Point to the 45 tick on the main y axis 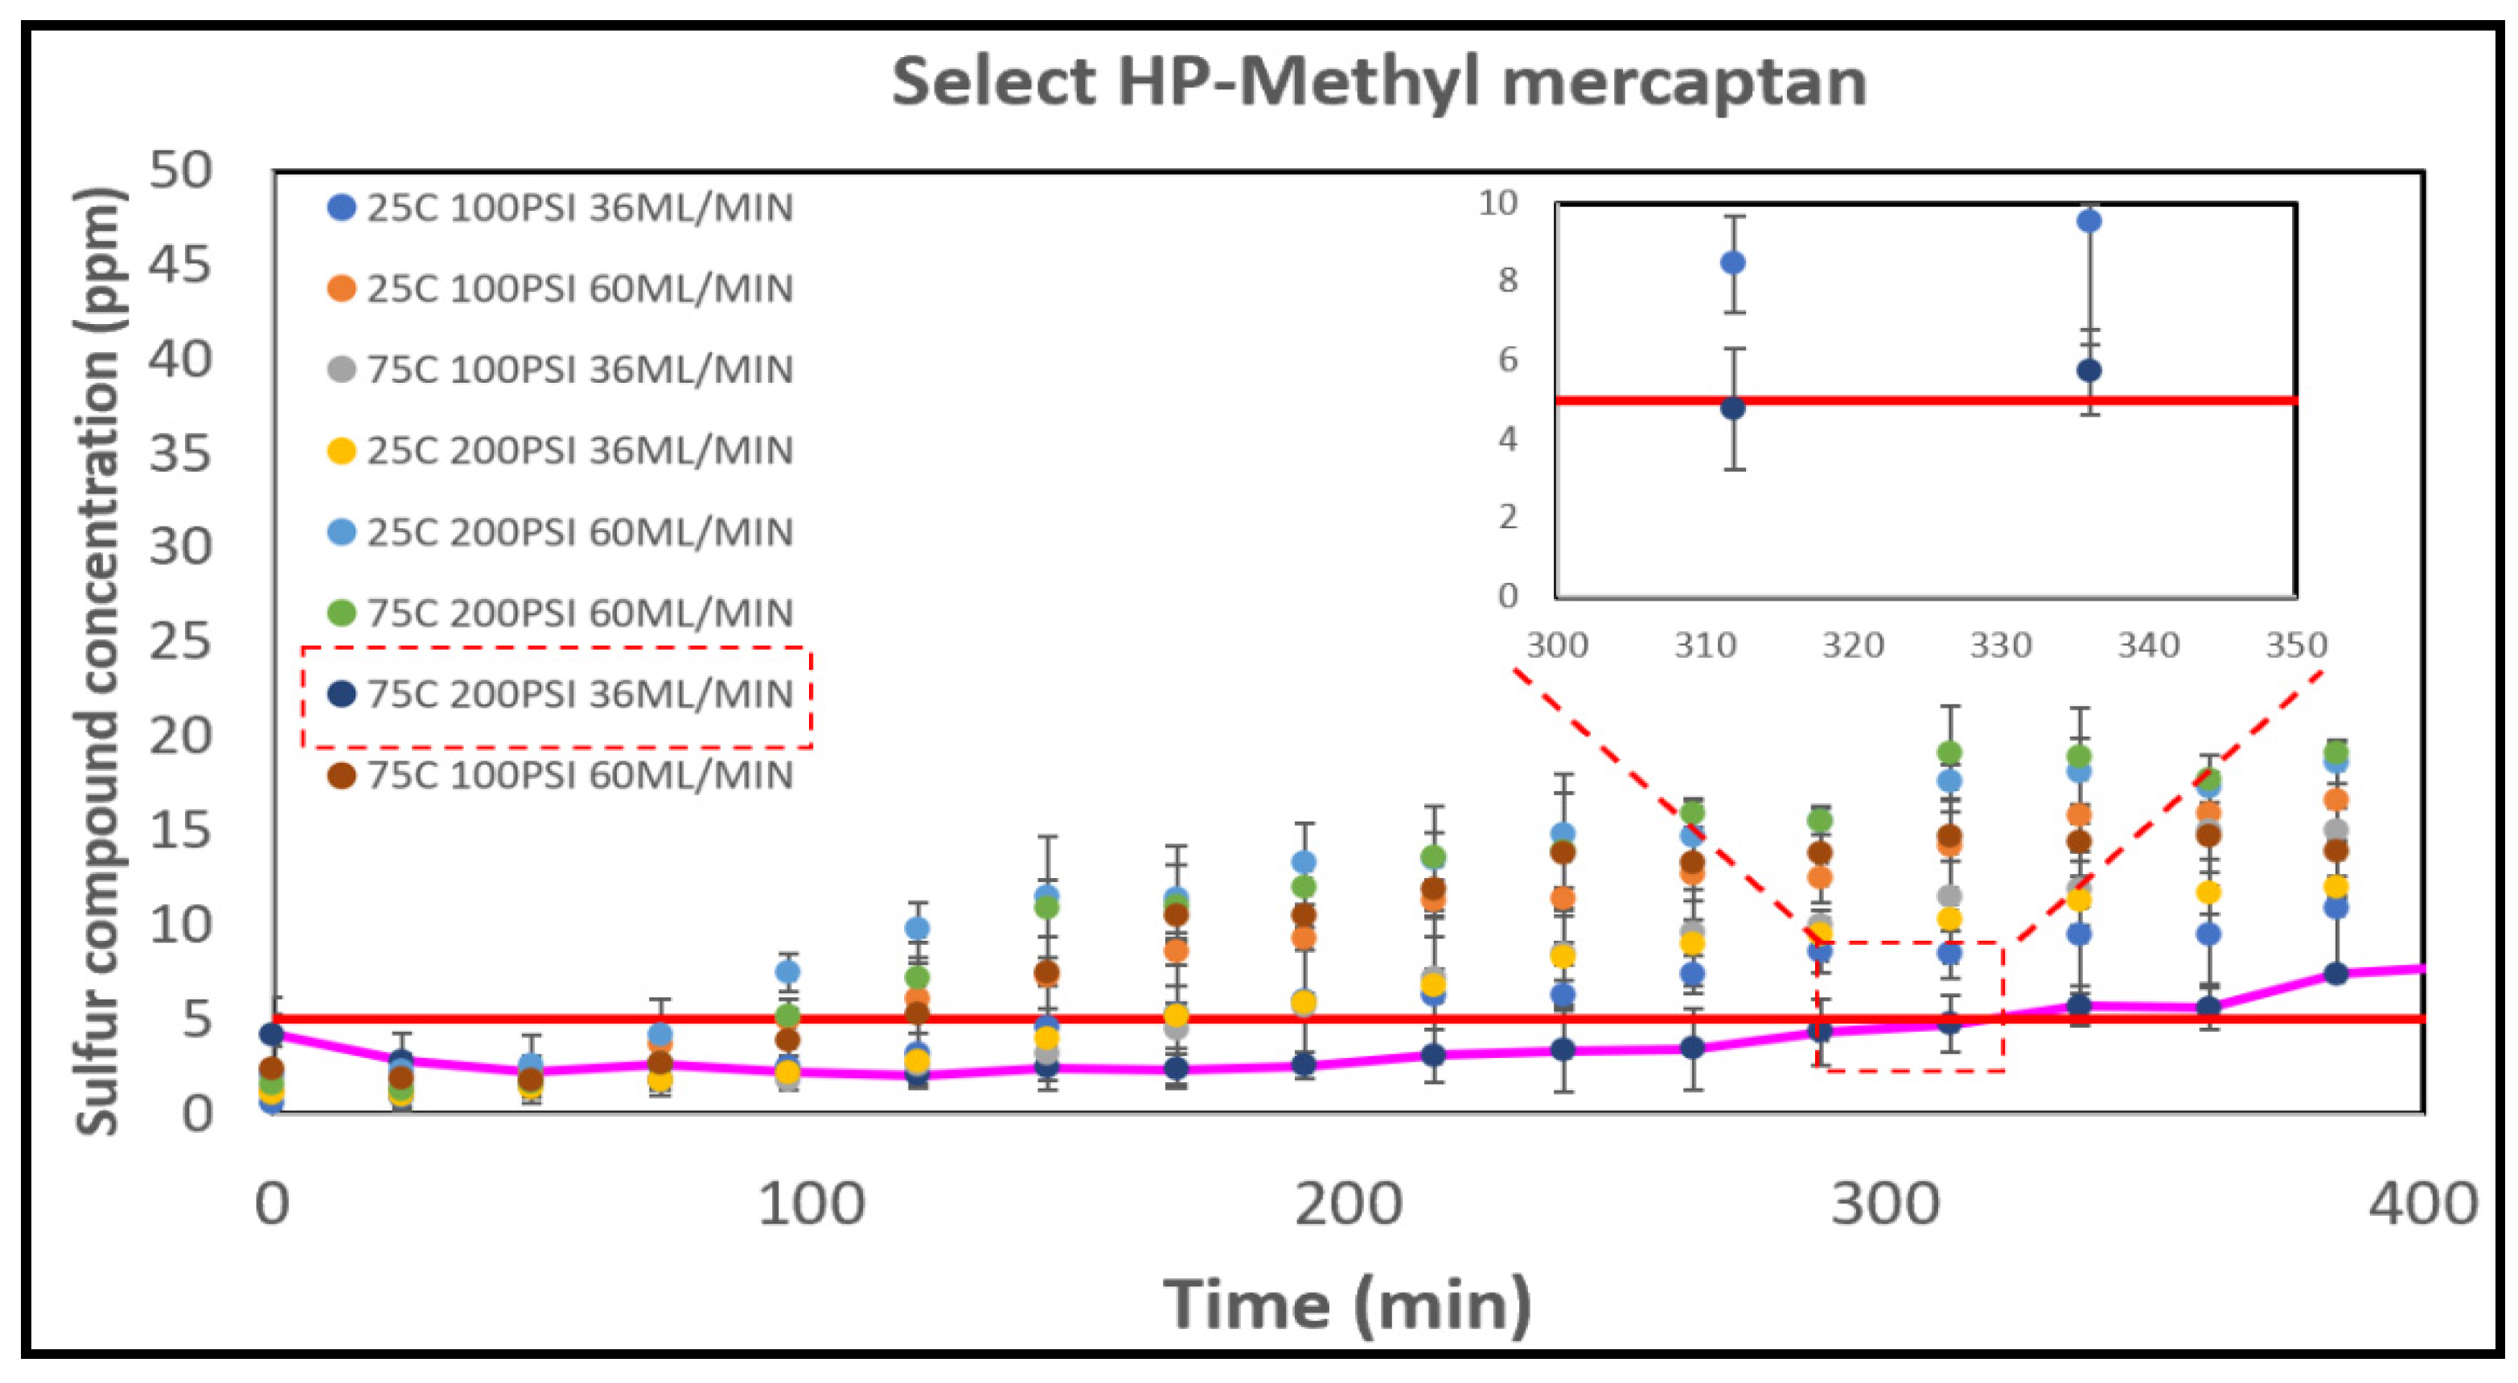(x=181, y=265)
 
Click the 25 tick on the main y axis (x=181, y=642)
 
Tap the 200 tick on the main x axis (x=1348, y=1204)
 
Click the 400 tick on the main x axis (x=2423, y=1204)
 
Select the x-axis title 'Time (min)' (x=1348, y=1305)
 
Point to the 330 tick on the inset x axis (x=2001, y=646)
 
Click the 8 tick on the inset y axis (x=1508, y=281)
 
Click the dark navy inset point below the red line (x=1733, y=408)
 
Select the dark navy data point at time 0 (x=273, y=1034)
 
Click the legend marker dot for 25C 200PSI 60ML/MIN (x=341, y=532)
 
